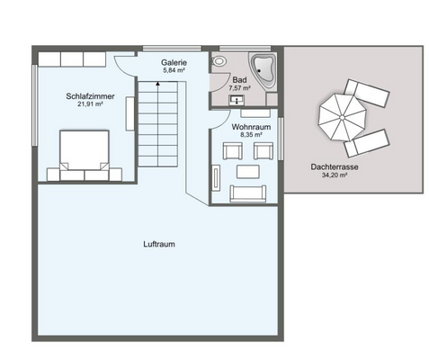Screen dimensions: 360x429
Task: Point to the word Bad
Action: point(239,80)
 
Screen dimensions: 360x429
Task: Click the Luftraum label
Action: point(159,244)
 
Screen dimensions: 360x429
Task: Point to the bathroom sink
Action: point(237,102)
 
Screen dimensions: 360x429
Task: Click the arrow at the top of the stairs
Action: point(157,83)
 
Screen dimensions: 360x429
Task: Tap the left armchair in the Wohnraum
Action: point(243,149)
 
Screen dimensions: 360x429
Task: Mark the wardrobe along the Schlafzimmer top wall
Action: point(73,58)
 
